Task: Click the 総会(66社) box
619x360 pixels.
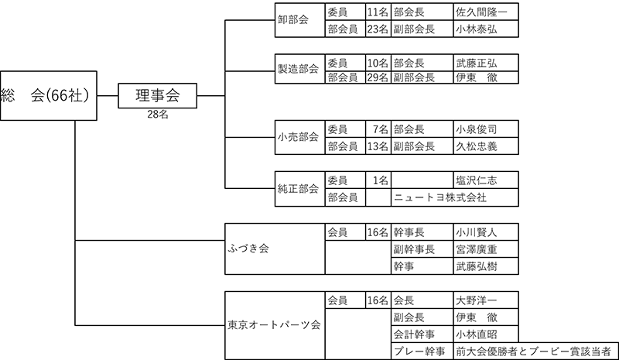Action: (x=49, y=96)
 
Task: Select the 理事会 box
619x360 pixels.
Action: (x=158, y=96)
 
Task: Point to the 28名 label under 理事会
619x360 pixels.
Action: (x=158, y=115)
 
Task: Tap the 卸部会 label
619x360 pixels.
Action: (x=293, y=20)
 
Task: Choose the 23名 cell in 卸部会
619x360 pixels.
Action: (x=378, y=29)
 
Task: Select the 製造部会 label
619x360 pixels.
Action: (x=298, y=69)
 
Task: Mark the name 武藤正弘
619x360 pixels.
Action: (x=476, y=63)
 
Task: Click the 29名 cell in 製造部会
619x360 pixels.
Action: (x=378, y=77)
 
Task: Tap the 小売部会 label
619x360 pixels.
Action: (x=298, y=137)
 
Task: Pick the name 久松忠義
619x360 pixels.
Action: (x=476, y=146)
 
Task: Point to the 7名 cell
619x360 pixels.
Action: (x=378, y=129)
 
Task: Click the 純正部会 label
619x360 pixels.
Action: (x=298, y=188)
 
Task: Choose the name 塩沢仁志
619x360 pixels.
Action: (x=476, y=180)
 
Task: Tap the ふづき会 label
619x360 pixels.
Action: (x=248, y=249)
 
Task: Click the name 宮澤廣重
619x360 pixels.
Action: (x=476, y=249)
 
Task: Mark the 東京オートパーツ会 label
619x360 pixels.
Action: (x=274, y=325)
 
